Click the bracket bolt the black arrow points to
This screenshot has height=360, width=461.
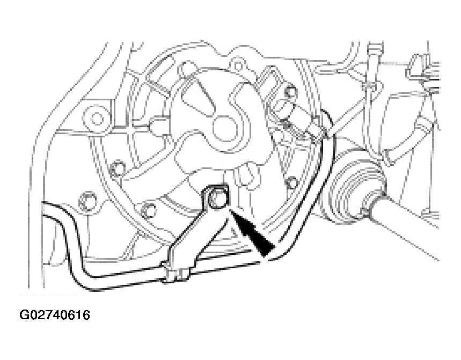point(216,199)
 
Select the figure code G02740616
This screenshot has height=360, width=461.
point(55,315)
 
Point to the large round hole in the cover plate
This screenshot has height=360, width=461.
point(225,130)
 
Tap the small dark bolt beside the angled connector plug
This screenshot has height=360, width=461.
point(291,92)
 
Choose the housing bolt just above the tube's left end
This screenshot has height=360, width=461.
point(87,201)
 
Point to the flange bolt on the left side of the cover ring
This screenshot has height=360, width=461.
point(117,168)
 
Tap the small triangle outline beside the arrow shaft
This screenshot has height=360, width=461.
point(234,233)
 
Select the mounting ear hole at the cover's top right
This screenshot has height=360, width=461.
point(238,64)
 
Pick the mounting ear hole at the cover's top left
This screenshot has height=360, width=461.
point(186,68)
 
